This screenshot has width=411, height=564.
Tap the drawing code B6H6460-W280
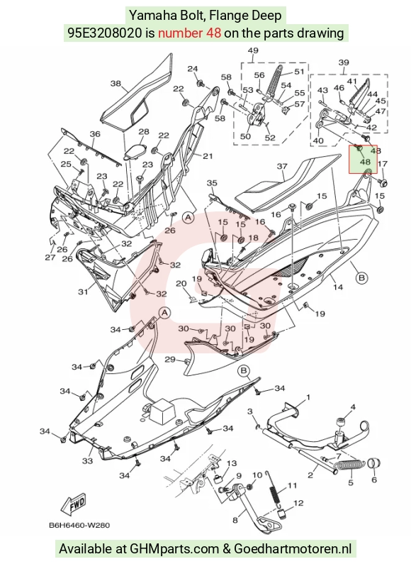[x=79, y=526]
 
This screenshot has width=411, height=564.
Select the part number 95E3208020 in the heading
[x=105, y=33]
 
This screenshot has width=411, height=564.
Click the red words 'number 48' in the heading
[x=189, y=33]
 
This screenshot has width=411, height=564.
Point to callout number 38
[x=116, y=84]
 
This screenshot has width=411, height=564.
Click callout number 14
[x=338, y=287]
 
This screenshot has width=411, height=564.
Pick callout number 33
[x=87, y=460]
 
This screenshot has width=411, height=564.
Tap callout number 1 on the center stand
[x=308, y=397]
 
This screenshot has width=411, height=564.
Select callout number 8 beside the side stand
[x=235, y=520]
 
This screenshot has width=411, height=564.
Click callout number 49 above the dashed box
[x=253, y=50]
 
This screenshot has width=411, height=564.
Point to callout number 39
[x=344, y=62]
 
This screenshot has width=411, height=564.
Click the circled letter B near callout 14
[x=362, y=277]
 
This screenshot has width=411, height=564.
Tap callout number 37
[x=282, y=166]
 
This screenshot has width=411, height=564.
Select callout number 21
[x=208, y=156]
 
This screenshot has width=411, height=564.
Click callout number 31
[x=83, y=292]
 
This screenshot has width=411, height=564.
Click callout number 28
[x=144, y=132]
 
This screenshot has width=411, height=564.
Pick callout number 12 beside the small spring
[x=298, y=503]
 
